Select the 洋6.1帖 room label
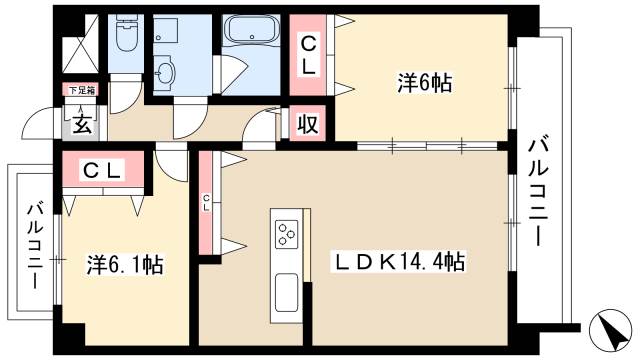coord(125,265)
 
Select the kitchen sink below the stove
coord(286,290)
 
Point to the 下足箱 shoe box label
coord(81,91)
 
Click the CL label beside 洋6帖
coord(309,54)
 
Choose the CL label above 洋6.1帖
coord(101,170)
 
